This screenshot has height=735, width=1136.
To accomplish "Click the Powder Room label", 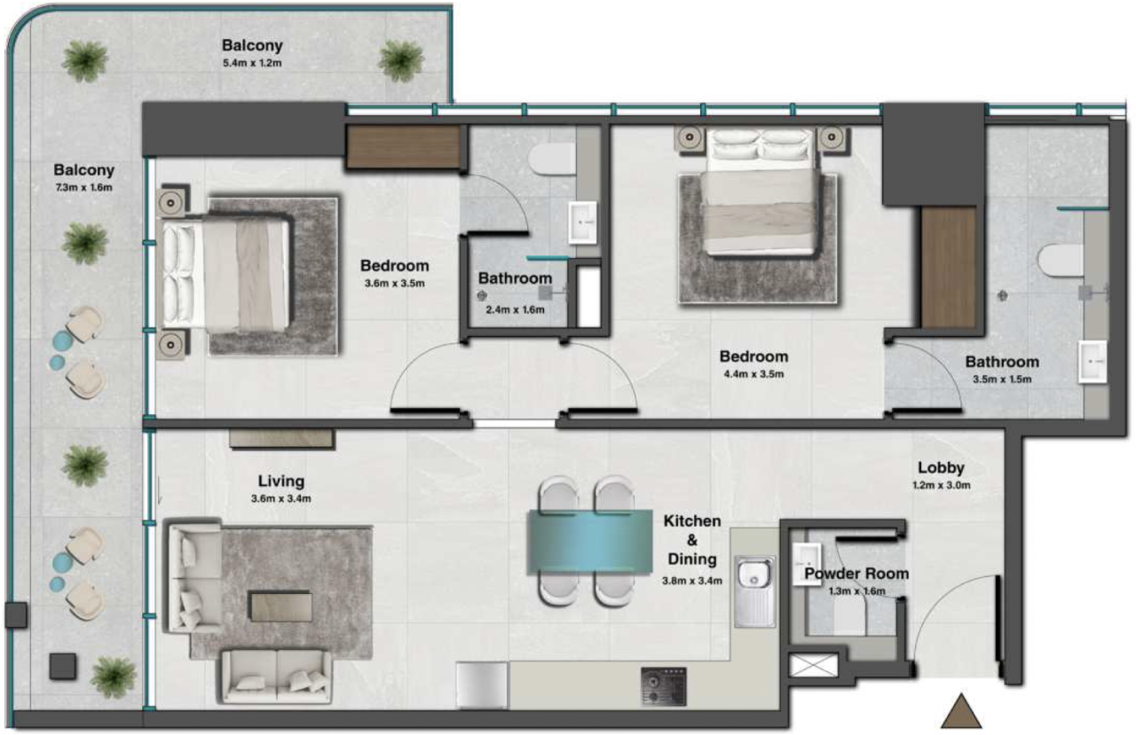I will pyautogui.click(x=856, y=574).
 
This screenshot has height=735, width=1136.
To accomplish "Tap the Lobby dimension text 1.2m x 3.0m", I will pyautogui.click(x=941, y=485).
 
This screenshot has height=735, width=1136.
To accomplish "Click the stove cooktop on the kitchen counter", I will pyautogui.click(x=664, y=686).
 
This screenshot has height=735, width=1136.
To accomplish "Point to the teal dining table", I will pyautogui.click(x=590, y=542).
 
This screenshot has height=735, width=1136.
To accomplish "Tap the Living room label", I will pyautogui.click(x=280, y=481).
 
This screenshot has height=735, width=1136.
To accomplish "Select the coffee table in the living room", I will pyautogui.click(x=280, y=606).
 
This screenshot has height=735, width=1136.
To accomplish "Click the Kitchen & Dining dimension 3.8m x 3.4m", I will pyautogui.click(x=692, y=582).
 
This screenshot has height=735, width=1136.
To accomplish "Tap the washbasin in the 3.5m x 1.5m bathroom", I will pyautogui.click(x=1093, y=361).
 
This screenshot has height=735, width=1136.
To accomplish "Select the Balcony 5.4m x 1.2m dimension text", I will pyautogui.click(x=252, y=63).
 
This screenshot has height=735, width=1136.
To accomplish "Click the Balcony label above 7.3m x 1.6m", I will pyautogui.click(x=83, y=169).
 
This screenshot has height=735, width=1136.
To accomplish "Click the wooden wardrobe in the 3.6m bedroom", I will pyautogui.click(x=406, y=147).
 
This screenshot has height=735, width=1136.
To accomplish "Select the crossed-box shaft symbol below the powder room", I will pyautogui.click(x=813, y=665).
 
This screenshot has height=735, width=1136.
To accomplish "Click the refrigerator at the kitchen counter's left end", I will pyautogui.click(x=482, y=685).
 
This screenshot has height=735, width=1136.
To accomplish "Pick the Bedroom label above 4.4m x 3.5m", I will pyautogui.click(x=753, y=356).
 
